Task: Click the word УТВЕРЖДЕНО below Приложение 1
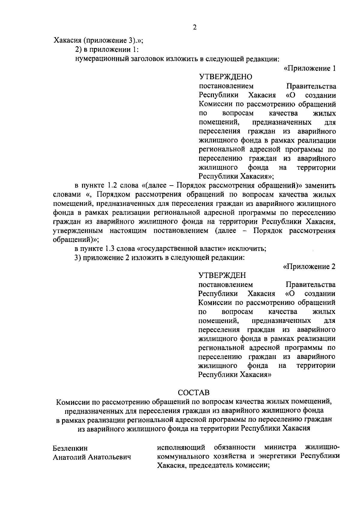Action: tap(225, 77)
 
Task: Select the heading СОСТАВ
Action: tap(193, 392)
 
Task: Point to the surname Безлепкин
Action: tap(70, 448)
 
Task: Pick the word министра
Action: tap(280, 447)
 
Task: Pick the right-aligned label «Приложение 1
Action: tap(309, 68)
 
